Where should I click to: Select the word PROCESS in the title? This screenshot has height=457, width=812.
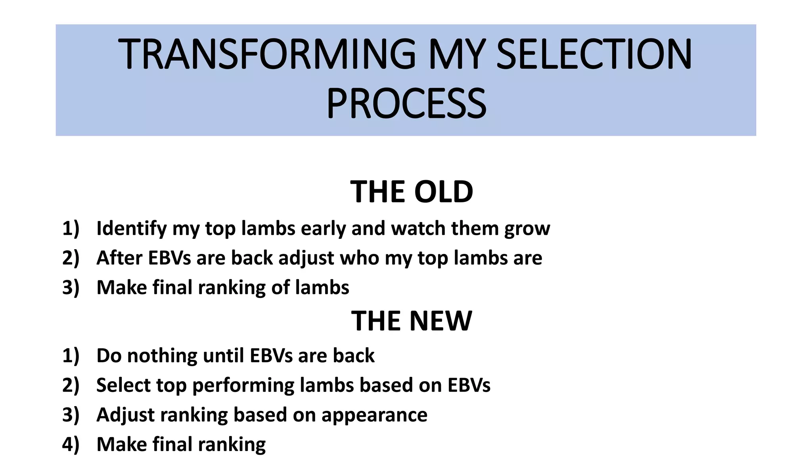point(406,104)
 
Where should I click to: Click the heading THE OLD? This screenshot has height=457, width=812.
point(411,192)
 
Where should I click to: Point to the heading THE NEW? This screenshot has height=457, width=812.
point(411,321)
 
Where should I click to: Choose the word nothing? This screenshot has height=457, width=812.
point(162,355)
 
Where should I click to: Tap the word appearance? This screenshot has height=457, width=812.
point(374,415)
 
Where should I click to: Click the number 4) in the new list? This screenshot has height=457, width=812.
point(71,444)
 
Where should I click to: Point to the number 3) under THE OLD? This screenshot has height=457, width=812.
point(71,288)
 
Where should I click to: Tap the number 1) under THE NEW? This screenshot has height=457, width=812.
point(71,355)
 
